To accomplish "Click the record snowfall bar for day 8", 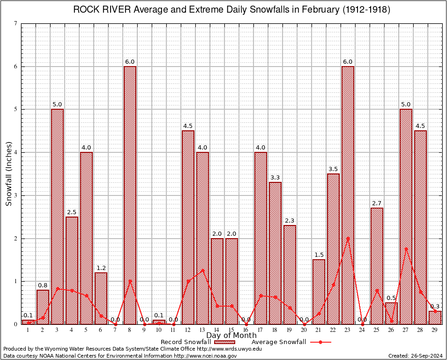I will coord(130,195).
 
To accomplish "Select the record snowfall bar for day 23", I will coord(348,195).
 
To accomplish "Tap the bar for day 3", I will coord(57,217).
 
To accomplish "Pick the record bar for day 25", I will coord(377,266).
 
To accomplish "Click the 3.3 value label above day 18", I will coord(276,178).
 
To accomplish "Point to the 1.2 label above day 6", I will coord(101,268).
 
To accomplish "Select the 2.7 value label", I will coord(377,203).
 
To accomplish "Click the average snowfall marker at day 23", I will coord(348,238).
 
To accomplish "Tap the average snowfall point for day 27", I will coord(406,248).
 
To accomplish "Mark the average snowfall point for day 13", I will coord(202,270).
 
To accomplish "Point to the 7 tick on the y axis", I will coord(16,23).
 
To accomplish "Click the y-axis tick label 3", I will coord(16,195).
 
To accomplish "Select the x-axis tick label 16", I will coord(246,330).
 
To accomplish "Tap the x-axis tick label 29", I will coord(435,330).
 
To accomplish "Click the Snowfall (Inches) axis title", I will coord(8,173).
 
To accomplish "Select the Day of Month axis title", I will coord(231,336).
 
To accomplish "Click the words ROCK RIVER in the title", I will coord(100,10).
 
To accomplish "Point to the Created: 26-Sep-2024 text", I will coord(416,356).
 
